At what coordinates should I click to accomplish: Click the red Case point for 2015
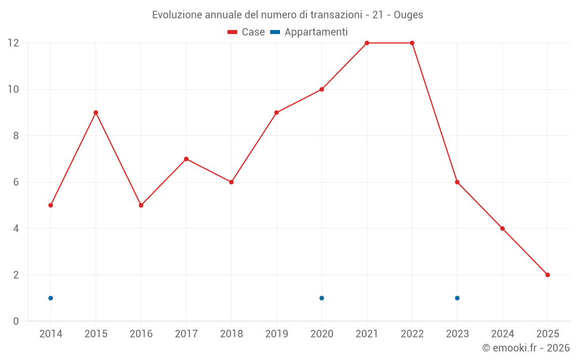click(96, 112)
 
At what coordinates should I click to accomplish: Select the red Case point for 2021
click(367, 43)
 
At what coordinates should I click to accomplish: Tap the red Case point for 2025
click(548, 275)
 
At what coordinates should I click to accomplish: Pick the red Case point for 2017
click(186, 159)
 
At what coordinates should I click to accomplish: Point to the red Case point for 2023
click(457, 182)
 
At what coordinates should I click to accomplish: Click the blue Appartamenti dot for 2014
click(51, 298)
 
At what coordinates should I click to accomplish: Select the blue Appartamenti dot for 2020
click(321, 298)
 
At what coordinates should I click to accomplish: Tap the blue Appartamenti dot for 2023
click(457, 298)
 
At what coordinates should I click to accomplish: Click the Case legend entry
click(247, 32)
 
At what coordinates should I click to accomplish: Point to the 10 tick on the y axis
click(13, 89)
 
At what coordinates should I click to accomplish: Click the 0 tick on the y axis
click(16, 321)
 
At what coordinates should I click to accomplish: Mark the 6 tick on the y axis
click(16, 182)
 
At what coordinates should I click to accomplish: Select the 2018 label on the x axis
click(231, 334)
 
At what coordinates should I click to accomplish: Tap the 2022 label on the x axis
click(412, 334)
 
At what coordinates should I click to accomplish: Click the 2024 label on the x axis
click(502, 334)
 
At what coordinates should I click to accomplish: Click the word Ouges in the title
click(408, 15)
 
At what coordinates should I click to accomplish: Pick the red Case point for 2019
click(276, 112)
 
